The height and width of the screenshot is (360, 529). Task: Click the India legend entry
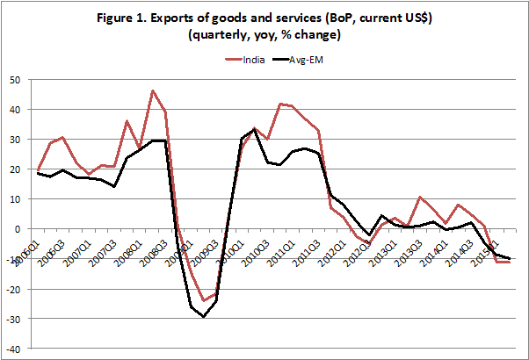coord(252,60)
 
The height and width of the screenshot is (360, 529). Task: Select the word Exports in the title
coord(220,19)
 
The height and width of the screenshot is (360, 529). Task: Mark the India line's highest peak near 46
coord(153,90)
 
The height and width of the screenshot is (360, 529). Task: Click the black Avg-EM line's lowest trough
coord(204,316)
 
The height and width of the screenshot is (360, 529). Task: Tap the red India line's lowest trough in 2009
coord(204,300)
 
